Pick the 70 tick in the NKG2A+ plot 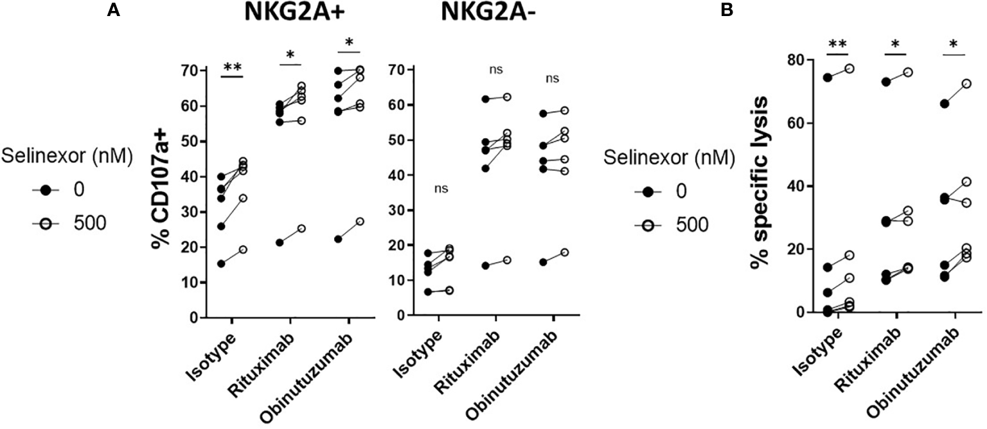pos(188,70)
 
